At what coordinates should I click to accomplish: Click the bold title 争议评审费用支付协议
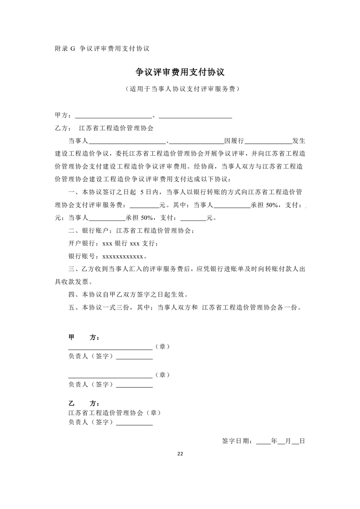pyautogui.click(x=181, y=73)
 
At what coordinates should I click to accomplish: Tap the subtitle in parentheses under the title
pyautogui.click(x=181, y=89)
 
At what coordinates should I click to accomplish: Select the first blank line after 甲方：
pyautogui.click(x=113, y=117)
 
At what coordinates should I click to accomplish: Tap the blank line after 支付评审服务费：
pyautogui.click(x=144, y=206)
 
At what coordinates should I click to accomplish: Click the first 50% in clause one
pyautogui.click(x=272, y=205)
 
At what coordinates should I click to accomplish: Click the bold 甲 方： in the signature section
pyautogui.click(x=84, y=338)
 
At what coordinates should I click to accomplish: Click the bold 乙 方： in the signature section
pyautogui.click(x=84, y=403)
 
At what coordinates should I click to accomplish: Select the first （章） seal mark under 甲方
pyautogui.click(x=163, y=347)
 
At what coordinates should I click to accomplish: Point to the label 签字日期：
pyautogui.click(x=238, y=440)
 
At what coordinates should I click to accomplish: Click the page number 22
pyautogui.click(x=180, y=454)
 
